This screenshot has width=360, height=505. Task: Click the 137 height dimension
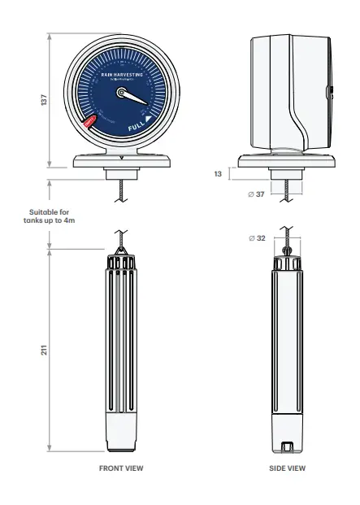pos(44,99)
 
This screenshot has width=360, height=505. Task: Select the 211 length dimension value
pos(44,350)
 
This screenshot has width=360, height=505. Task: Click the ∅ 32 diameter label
pos(254,238)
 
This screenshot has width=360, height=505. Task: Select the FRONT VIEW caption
pos(121,468)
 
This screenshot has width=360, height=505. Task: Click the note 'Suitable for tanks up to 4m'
pos(51,215)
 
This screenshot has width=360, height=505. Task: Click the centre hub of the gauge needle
pos(122,94)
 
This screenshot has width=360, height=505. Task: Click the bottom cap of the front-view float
pos(121,438)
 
